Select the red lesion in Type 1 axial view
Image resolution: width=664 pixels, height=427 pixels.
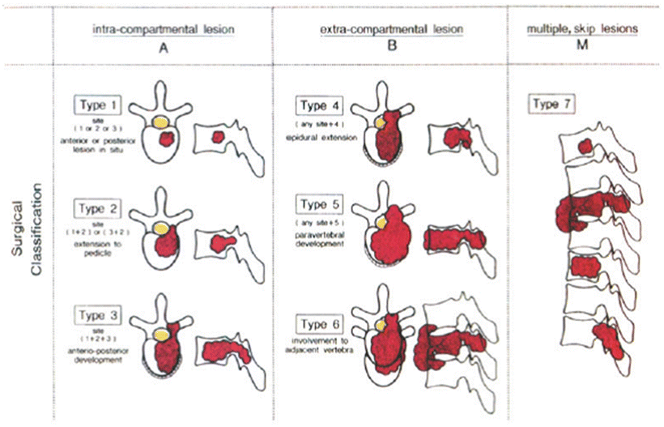(168, 139)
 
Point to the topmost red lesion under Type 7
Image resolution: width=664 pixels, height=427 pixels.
(585, 147)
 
